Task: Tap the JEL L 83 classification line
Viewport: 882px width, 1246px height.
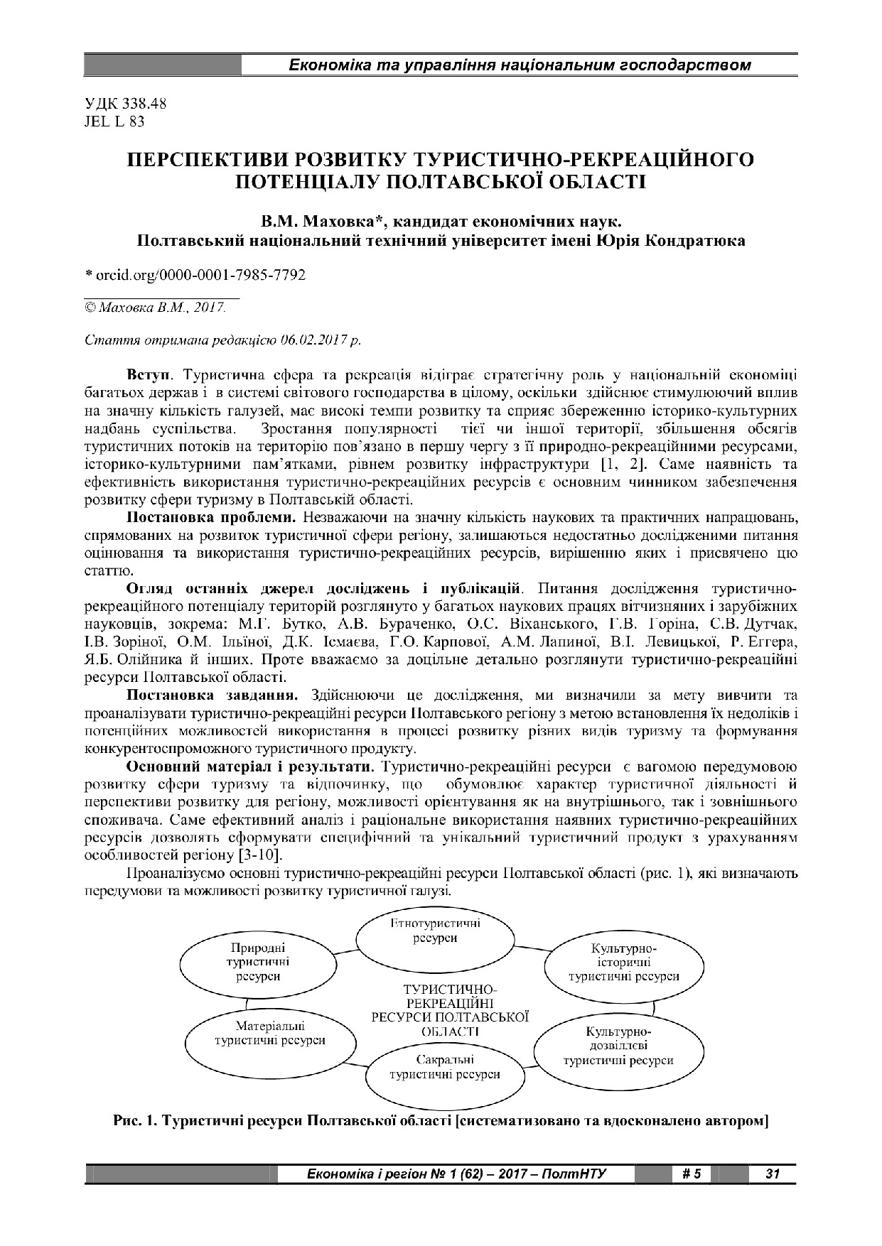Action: click(114, 121)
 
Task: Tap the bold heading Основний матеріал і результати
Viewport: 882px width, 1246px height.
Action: click(250, 767)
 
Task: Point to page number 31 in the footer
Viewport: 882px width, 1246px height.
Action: click(772, 1174)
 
